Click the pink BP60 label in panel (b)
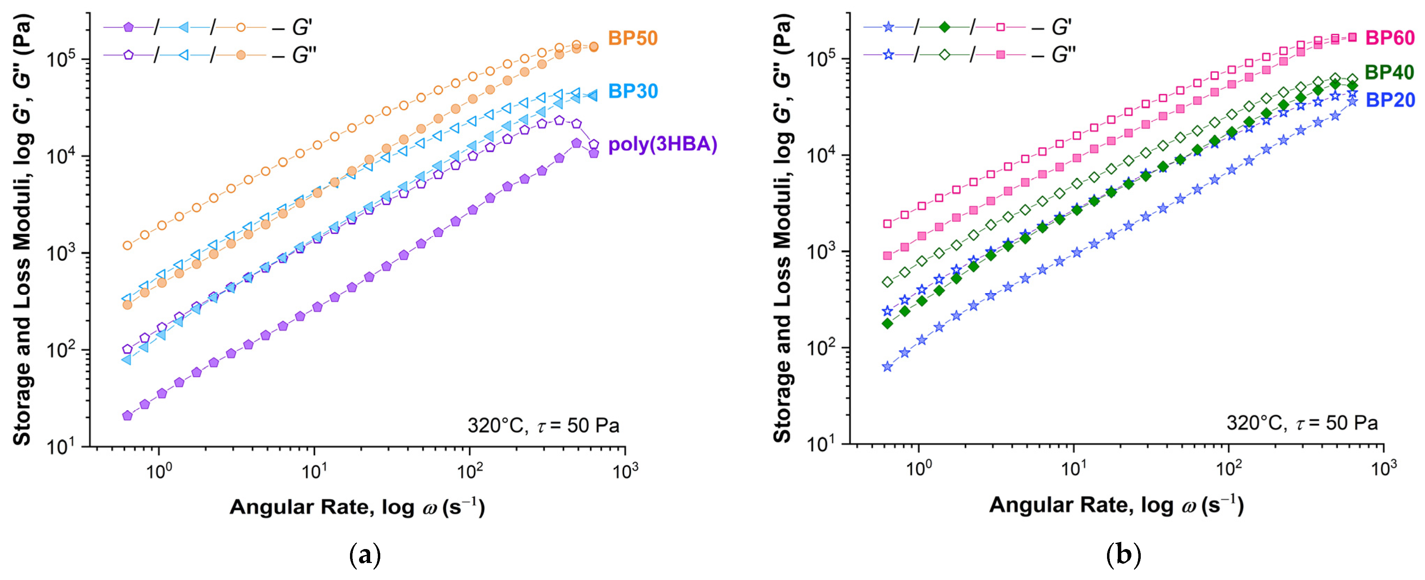click(x=1390, y=38)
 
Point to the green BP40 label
click(x=1389, y=72)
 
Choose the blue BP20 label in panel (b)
click(x=1390, y=100)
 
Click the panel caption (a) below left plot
click(x=365, y=555)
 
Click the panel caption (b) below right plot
click(x=1123, y=555)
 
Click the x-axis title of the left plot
click(x=357, y=507)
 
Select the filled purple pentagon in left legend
click(x=128, y=26)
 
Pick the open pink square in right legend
click(x=1000, y=26)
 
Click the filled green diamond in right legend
click(x=944, y=26)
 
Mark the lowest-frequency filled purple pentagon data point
click(x=127, y=415)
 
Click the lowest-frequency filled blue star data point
click(x=887, y=366)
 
